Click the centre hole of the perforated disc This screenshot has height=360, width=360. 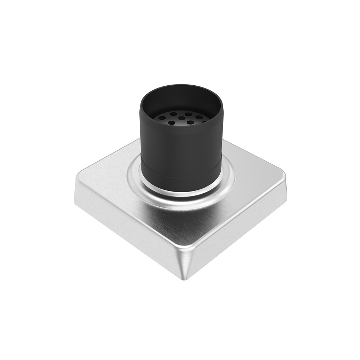tap(181, 118)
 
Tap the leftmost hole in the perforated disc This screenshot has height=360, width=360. tap(162, 118)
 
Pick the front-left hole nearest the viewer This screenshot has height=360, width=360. tap(172, 123)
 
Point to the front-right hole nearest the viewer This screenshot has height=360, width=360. tap(190, 122)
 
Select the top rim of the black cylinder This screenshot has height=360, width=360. tap(180, 86)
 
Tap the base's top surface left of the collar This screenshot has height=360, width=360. tap(104, 180)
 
